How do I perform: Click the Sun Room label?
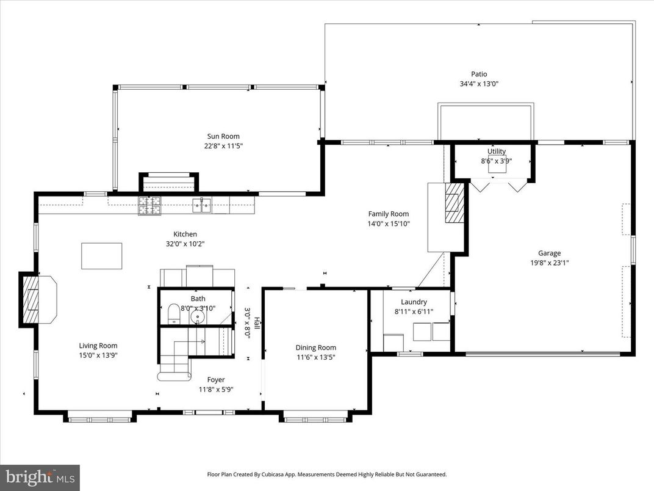pos(222,136)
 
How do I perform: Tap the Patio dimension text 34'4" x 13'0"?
pos(479,84)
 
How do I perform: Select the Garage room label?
pos(549,253)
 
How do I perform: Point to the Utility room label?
pos(496,151)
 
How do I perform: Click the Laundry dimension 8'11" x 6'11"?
pos(414,311)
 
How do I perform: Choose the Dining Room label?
pos(315,347)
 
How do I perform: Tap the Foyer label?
pos(215,379)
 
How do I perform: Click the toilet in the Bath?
pos(173,314)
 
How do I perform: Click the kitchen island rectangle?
pos(101,256)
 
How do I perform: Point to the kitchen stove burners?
pos(149,206)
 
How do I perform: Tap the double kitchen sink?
pos(202,206)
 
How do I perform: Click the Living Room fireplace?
pos(38,299)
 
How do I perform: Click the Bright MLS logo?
pos(40,477)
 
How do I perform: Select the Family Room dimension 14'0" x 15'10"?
pos(388,224)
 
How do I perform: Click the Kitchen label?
pos(185,234)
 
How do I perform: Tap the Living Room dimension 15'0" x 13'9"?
pos(98,355)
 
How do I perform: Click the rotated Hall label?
pos(257,322)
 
